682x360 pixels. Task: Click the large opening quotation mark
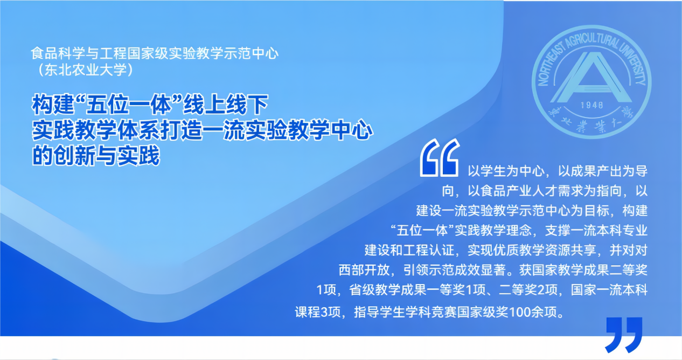(x=440, y=158)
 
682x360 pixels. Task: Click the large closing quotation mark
(x=624, y=335)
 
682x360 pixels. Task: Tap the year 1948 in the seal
(x=591, y=106)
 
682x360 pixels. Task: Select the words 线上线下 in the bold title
(x=225, y=105)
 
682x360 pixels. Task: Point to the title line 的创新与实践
(x=96, y=155)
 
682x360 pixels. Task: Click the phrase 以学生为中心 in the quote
(x=506, y=171)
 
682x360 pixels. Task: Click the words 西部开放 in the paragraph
(x=364, y=270)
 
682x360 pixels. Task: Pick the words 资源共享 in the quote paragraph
(x=570, y=250)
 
